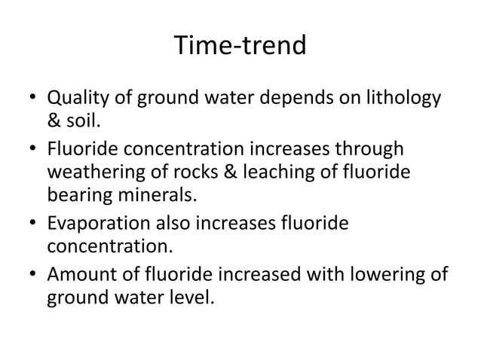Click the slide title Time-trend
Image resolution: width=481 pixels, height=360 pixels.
coord(240,47)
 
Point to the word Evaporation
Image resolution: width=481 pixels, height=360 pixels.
coord(94,224)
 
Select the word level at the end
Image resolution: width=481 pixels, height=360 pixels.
coord(192,298)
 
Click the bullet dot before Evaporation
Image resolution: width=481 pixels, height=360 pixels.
coord(33,224)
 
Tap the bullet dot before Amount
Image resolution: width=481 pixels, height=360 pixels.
coord(33,274)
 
